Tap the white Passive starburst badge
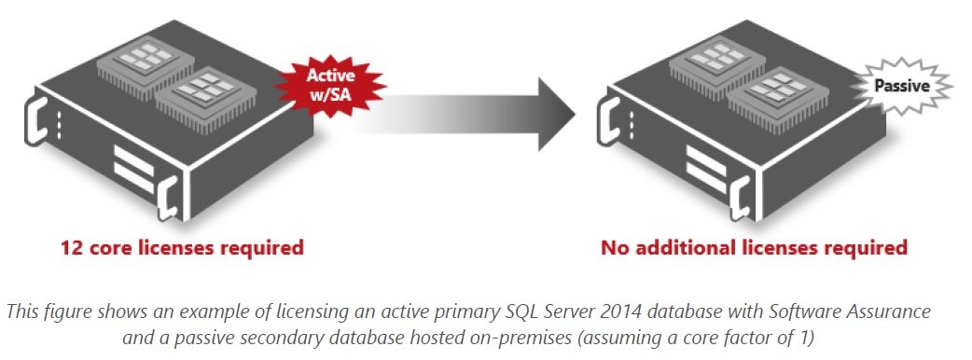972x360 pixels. pyautogui.click(x=900, y=86)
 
